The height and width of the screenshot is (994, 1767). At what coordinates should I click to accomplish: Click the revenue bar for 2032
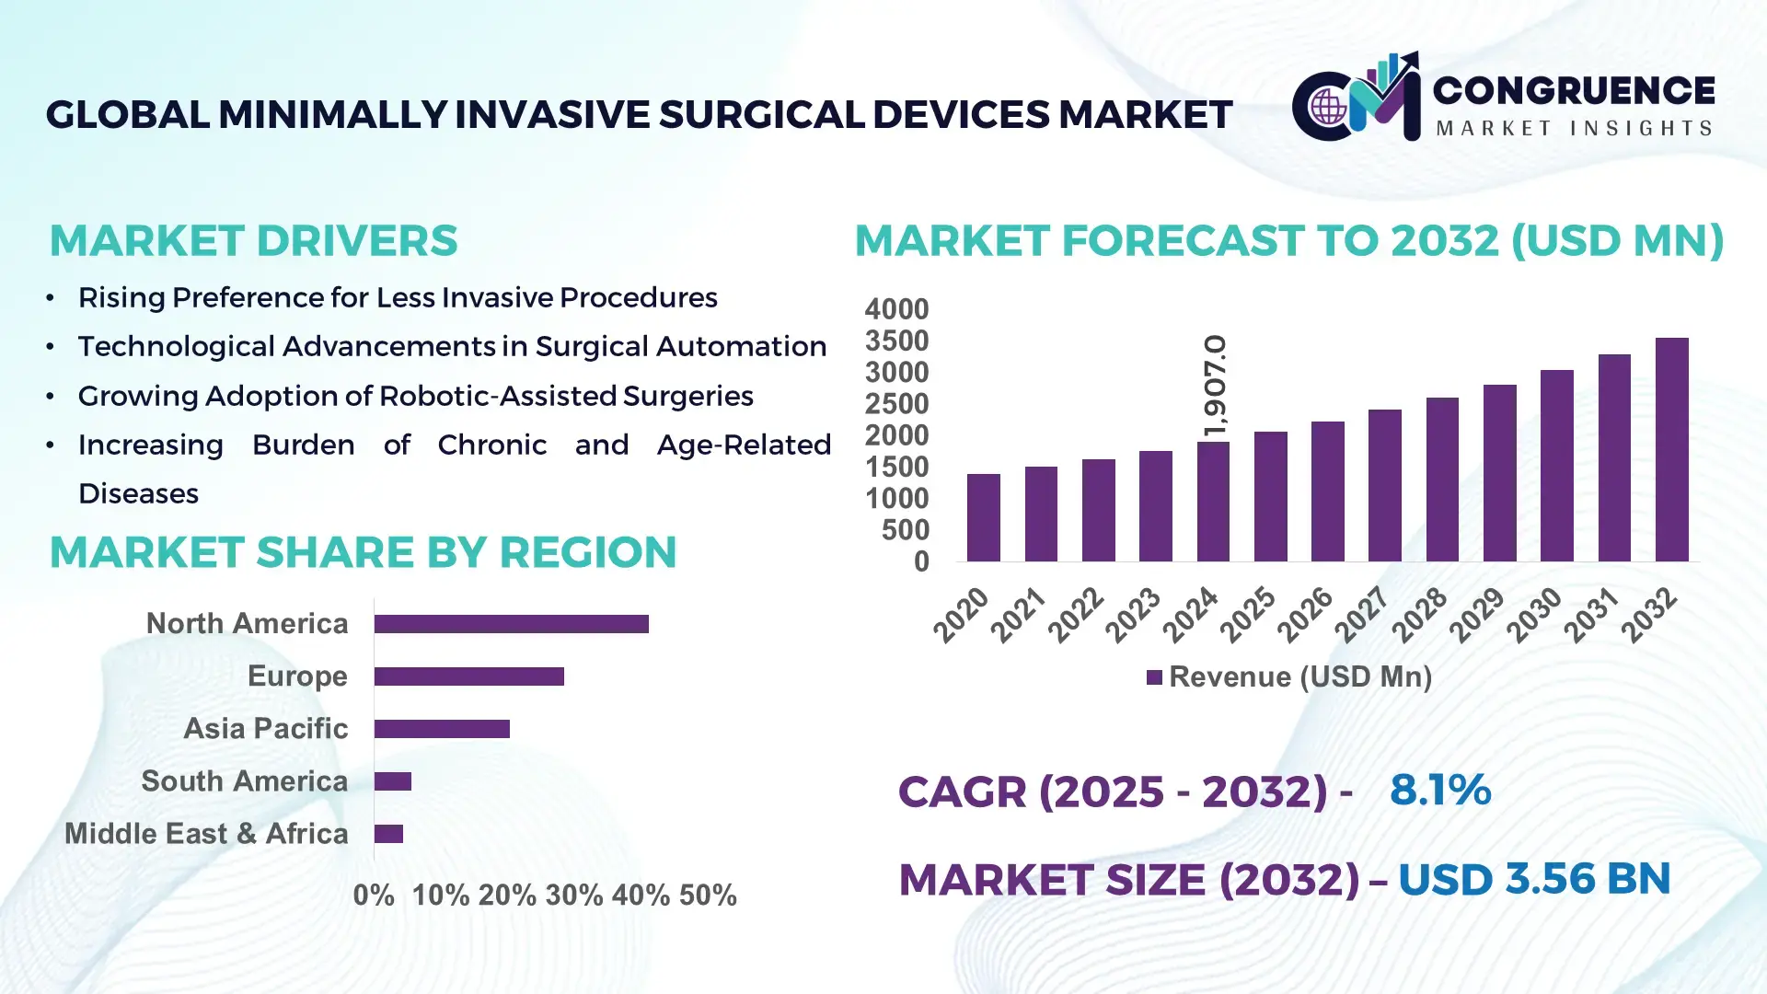(1671, 450)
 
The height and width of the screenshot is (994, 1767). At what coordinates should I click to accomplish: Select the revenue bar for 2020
(983, 517)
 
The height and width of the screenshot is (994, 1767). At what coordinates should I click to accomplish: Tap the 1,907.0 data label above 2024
(1215, 386)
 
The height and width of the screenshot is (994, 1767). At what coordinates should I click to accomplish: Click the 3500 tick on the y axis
(896, 341)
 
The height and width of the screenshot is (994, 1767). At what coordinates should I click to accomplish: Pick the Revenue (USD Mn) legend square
(1154, 678)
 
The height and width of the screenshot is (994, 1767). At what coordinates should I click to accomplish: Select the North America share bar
(511, 624)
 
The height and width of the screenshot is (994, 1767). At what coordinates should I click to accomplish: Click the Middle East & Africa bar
(388, 834)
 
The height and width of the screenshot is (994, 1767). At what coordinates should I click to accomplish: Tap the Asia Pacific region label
(265, 729)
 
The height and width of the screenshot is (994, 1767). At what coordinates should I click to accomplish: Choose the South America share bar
(393, 781)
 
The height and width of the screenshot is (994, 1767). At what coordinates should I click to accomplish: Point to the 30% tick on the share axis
(573, 896)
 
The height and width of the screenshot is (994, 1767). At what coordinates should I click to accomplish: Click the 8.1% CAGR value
(1439, 791)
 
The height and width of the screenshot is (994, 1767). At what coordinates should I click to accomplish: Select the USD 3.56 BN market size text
(1533, 879)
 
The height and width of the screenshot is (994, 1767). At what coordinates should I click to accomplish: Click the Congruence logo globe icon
(1328, 108)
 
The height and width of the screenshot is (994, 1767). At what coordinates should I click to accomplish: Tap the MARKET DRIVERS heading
(253, 241)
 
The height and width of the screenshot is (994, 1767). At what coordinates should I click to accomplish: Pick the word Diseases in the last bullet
(138, 494)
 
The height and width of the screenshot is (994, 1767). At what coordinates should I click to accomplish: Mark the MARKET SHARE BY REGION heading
(363, 553)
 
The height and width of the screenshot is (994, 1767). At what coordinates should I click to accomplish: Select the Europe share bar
(468, 676)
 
